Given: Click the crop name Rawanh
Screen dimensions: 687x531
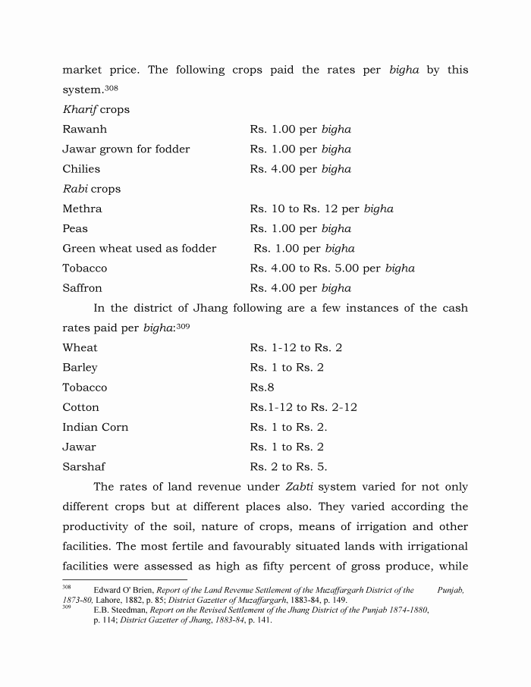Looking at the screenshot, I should pos(84,130).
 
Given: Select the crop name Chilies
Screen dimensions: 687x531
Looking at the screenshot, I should pos(81,169).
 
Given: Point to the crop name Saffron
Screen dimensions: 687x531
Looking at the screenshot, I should pos(82,288).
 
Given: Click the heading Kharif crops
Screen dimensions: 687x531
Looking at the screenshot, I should pos(96,110).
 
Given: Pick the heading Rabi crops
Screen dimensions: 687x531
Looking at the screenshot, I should pos(91,189).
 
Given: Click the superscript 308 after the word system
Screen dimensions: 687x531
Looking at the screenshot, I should pos(112,88).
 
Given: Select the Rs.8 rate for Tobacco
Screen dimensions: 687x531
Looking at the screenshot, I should pos(262,387).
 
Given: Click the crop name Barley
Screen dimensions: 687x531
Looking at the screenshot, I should pos(80,368).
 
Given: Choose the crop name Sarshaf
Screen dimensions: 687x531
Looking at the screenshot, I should pos(83,467).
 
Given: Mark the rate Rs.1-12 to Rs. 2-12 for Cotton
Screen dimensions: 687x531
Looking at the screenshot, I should pos(303,407).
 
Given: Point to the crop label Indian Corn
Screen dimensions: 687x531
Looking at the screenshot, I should pos(96,427).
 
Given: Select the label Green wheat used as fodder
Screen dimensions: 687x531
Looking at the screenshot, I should pos(139,249).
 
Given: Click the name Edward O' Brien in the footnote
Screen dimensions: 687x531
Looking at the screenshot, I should pos(123,590).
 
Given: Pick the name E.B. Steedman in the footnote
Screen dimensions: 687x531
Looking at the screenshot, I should pos(120,610).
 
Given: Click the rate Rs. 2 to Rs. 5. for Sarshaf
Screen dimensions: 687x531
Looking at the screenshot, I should pos(288,467).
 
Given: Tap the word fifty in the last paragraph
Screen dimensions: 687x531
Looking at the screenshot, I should pos(300,566).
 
